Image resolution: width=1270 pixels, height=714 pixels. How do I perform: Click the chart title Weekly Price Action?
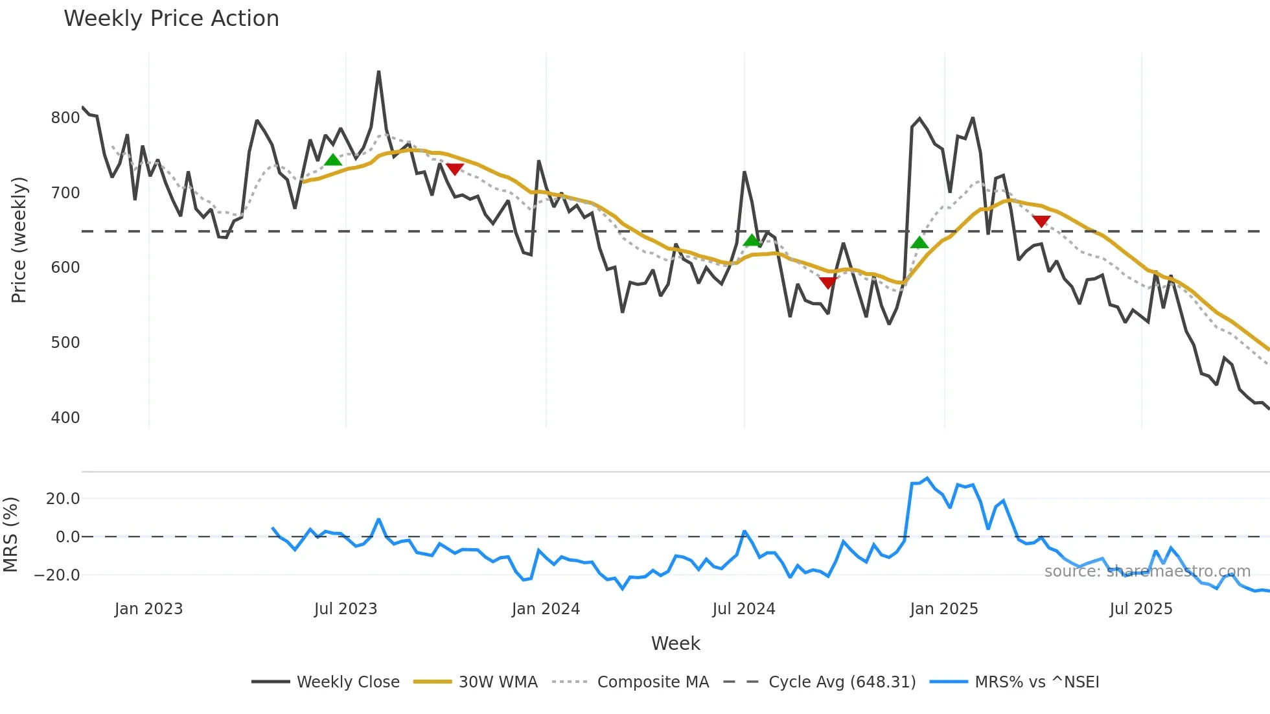tap(171, 19)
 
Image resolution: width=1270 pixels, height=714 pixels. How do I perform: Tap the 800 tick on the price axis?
tap(65, 118)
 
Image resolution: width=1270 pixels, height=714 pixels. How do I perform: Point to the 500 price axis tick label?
tap(65, 343)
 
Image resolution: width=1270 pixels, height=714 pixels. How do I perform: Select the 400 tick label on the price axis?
tap(65, 418)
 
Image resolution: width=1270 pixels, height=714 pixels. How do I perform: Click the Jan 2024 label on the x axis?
tap(546, 609)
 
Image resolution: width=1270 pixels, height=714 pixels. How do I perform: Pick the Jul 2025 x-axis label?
tap(1141, 609)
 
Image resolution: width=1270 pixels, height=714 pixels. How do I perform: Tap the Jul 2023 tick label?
tap(345, 609)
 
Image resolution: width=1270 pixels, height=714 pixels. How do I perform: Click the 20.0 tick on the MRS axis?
tap(63, 499)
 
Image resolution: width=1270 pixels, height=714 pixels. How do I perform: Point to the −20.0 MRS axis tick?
tap(57, 575)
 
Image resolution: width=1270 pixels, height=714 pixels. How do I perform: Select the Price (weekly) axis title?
tap(19, 240)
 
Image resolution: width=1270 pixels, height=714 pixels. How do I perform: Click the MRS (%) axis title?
tap(10, 535)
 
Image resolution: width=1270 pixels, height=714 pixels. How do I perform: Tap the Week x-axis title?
tap(675, 643)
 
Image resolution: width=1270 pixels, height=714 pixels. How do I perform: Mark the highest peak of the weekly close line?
tap(378, 72)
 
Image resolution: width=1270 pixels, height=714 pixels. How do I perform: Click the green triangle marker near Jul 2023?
tap(332, 160)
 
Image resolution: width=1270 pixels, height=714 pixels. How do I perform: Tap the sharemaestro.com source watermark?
tap(1147, 571)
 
